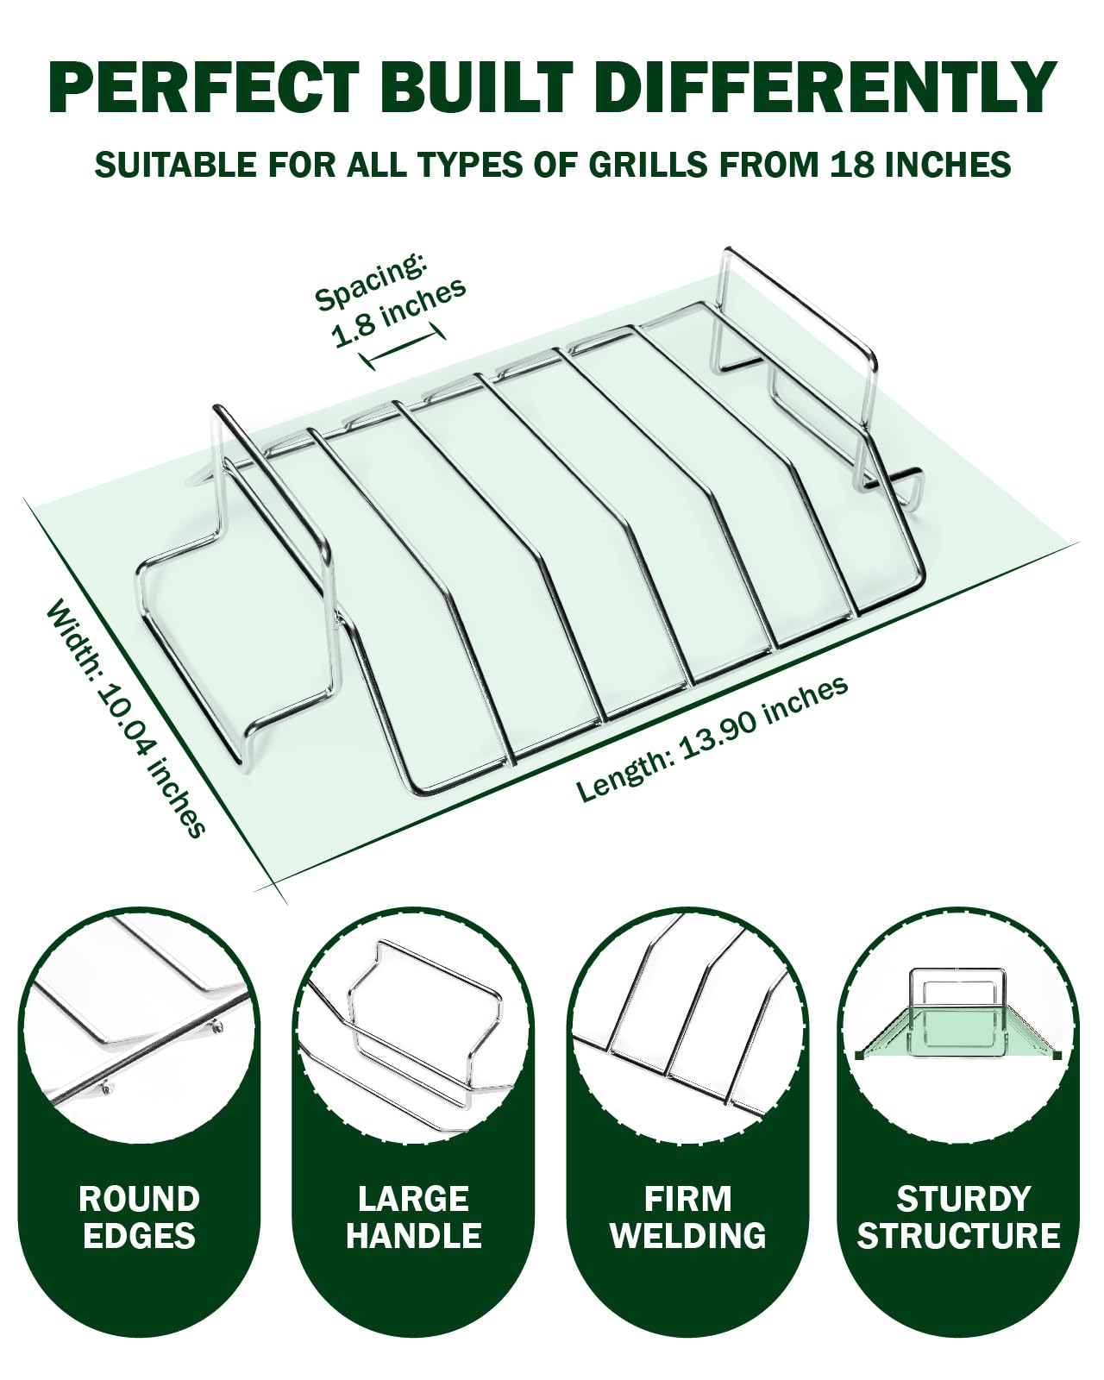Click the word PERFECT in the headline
tap(204, 88)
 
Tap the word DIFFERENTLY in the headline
tap(830, 88)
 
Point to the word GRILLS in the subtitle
tap(648, 165)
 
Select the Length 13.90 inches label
tap(712, 738)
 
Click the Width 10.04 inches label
tap(126, 718)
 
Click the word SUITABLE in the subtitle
tap(174, 165)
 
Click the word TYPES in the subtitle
tap(470, 165)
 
